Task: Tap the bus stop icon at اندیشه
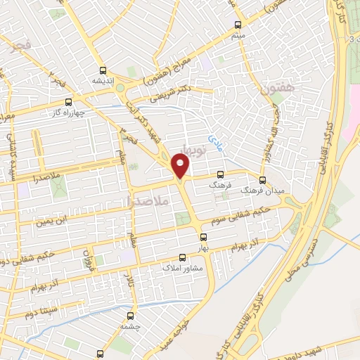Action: click(x=103, y=70)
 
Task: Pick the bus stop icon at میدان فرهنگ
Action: click(x=264, y=179)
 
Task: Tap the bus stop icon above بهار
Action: click(x=203, y=237)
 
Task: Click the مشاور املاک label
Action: click(x=181, y=269)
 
